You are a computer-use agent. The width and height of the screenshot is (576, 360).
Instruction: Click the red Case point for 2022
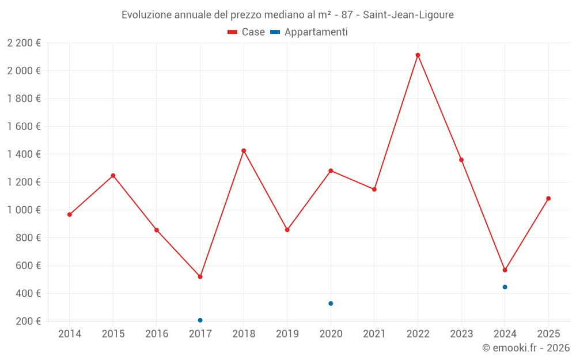418,55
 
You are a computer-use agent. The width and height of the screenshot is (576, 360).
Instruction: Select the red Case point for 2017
200,277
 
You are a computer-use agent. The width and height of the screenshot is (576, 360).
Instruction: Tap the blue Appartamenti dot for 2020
331,304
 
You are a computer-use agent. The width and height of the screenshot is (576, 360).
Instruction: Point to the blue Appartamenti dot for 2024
505,287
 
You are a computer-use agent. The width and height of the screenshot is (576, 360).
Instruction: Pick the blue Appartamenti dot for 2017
200,320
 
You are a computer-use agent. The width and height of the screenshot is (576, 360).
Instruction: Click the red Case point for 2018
244,151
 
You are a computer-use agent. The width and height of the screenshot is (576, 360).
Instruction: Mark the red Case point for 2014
70,215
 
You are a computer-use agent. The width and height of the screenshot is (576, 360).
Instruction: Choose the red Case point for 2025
548,199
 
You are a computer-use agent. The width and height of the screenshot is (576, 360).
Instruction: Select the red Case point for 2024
505,270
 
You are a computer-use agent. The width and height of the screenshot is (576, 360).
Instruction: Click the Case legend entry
247,32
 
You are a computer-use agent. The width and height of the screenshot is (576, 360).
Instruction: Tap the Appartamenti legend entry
309,32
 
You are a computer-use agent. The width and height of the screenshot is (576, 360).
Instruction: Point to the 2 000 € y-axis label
24,71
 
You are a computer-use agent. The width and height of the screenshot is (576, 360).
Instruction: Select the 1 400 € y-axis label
24,154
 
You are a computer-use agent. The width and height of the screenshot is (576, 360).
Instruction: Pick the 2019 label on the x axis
287,334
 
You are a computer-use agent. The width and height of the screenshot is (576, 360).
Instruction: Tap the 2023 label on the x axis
461,334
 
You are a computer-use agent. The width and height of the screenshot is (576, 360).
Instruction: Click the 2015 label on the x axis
113,334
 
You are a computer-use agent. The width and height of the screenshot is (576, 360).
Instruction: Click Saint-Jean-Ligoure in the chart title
408,15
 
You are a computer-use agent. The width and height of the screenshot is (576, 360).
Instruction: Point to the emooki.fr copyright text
526,348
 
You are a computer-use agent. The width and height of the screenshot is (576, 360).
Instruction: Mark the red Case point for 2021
374,190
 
